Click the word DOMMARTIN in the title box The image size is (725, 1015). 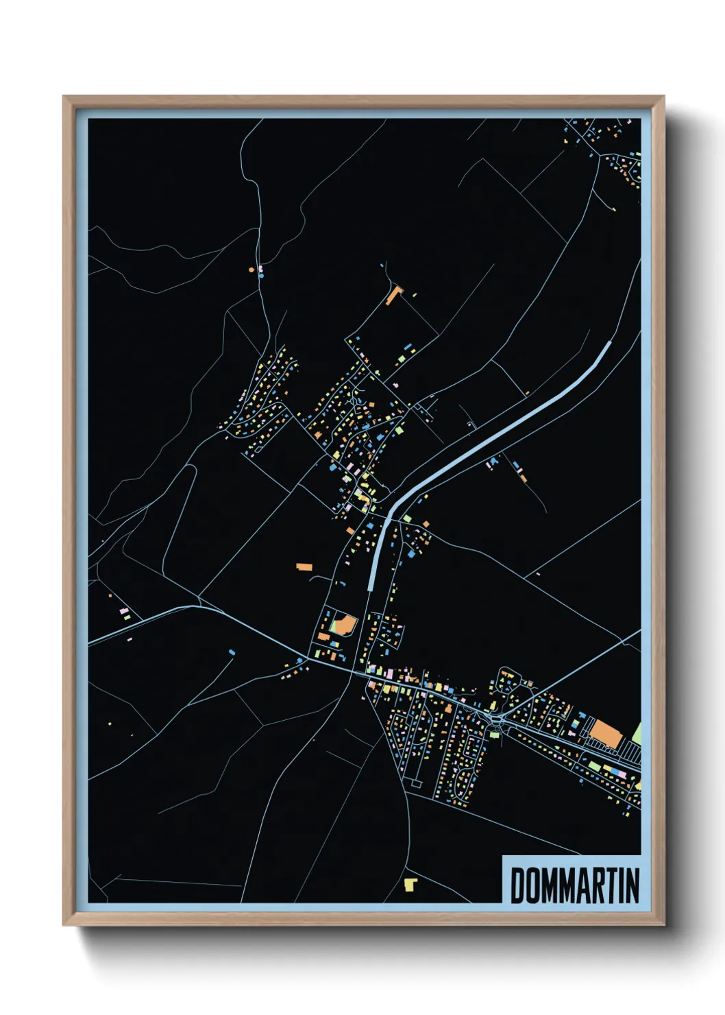(574, 885)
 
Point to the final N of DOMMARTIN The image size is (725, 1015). (632, 885)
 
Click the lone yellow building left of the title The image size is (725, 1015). (410, 884)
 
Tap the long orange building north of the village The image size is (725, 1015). (393, 296)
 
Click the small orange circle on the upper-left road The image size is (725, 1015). (251, 270)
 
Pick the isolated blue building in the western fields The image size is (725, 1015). (232, 651)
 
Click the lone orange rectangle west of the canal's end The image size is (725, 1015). (304, 567)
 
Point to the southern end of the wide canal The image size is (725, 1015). (371, 587)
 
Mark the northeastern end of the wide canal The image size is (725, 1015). (609, 343)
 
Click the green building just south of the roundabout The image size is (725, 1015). (494, 735)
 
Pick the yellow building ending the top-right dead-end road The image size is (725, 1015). (614, 208)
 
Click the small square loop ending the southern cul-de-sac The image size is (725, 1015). (416, 782)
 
